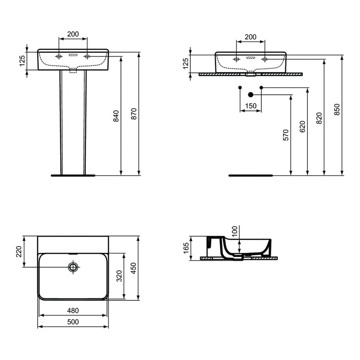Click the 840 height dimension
pyautogui.click(x=116, y=116)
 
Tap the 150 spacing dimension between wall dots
pyautogui.click(x=251, y=106)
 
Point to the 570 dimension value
pyautogui.click(x=286, y=135)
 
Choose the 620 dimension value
pyautogui.click(x=302, y=126)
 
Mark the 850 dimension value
pyautogui.click(x=337, y=109)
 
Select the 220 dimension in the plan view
pyautogui.click(x=19, y=252)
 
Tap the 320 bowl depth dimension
pyautogui.click(x=119, y=276)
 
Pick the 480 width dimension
pyautogui.click(x=73, y=310)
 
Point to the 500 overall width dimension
pyautogui.click(x=73, y=322)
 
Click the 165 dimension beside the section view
pyautogui.click(x=186, y=247)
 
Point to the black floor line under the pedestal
pyautogui.click(x=74, y=174)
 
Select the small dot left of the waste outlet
pyautogui.click(x=240, y=88)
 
